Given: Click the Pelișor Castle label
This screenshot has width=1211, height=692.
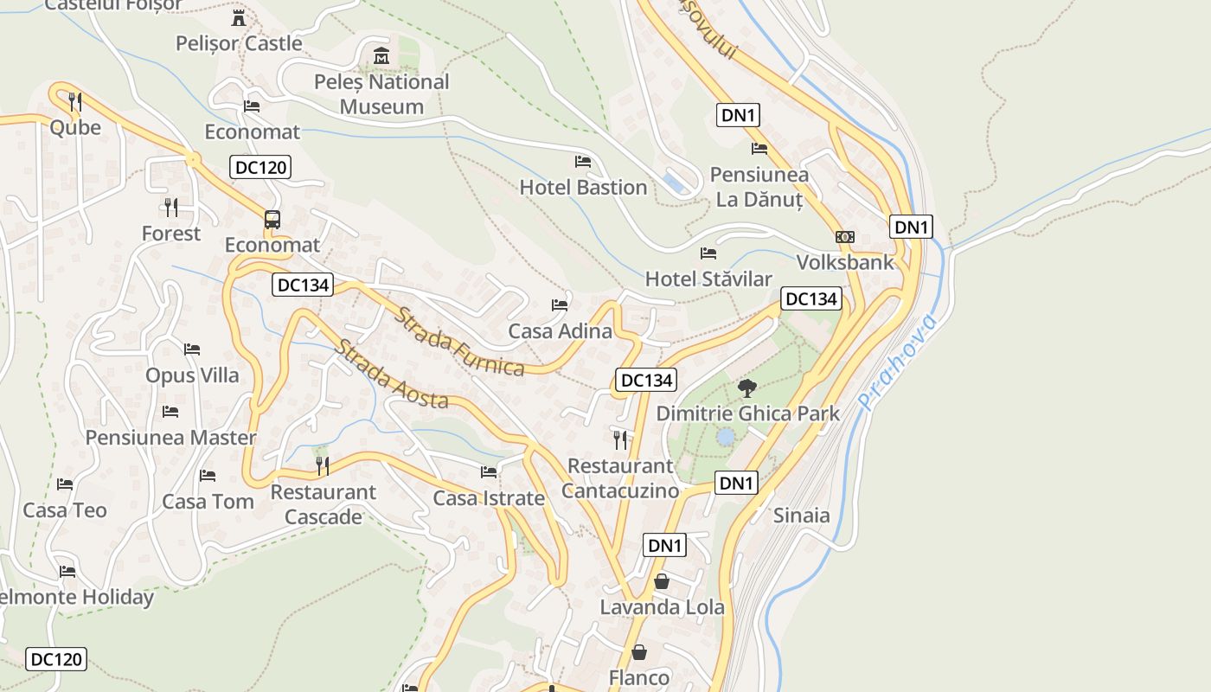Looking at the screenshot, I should tap(239, 43).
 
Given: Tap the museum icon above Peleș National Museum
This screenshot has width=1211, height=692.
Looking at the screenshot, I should tap(381, 56).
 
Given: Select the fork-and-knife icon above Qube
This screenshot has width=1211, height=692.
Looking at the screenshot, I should tap(75, 102).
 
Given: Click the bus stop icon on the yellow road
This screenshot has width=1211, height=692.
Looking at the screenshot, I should tap(272, 220).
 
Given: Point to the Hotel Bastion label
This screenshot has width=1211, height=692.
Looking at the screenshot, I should tap(583, 187).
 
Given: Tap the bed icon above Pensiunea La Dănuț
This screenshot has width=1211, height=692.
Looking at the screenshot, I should tap(759, 148).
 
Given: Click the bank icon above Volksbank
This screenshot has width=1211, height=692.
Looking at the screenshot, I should tap(844, 237).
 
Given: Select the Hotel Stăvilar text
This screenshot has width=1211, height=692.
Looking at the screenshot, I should tap(708, 279).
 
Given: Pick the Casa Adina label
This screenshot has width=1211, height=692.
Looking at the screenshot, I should tap(560, 330).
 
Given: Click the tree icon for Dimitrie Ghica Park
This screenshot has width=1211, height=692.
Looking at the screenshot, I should tap(747, 388).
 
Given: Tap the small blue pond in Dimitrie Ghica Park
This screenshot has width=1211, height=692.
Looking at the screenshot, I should tap(726, 437).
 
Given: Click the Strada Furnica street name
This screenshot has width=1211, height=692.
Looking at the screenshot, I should tap(459, 342).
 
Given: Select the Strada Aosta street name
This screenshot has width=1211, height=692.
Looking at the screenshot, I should tap(392, 375).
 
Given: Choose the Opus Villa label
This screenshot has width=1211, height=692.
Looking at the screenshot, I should tap(192, 375).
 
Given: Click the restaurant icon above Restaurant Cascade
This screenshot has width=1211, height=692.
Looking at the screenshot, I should tap(323, 466).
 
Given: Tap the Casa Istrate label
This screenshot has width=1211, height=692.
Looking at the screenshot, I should tap(489, 498).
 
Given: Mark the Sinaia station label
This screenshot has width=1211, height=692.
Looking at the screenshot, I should tap(801, 516).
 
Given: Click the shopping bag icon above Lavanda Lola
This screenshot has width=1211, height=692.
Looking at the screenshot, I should tap(662, 581).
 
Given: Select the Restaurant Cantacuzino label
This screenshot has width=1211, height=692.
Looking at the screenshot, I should tap(620, 478).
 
